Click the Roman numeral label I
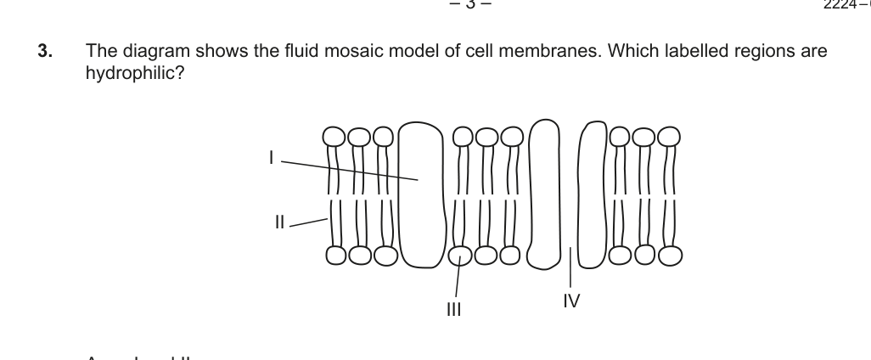[271, 157]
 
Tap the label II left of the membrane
[280, 223]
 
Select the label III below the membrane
[454, 309]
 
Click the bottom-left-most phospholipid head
[335, 254]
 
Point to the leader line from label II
[310, 222]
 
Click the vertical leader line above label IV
[570, 267]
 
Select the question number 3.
[44, 52]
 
